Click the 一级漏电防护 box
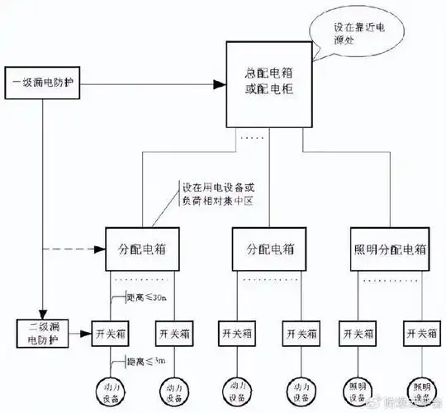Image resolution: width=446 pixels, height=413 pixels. point(45,84)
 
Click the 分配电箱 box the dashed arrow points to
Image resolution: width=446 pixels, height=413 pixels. point(142,249)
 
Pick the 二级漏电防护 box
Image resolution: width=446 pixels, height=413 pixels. point(40,334)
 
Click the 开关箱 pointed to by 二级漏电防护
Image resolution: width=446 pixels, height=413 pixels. point(110,334)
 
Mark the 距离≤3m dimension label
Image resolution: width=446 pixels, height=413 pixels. point(147,361)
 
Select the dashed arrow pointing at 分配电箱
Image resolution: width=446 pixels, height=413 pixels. point(74,249)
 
